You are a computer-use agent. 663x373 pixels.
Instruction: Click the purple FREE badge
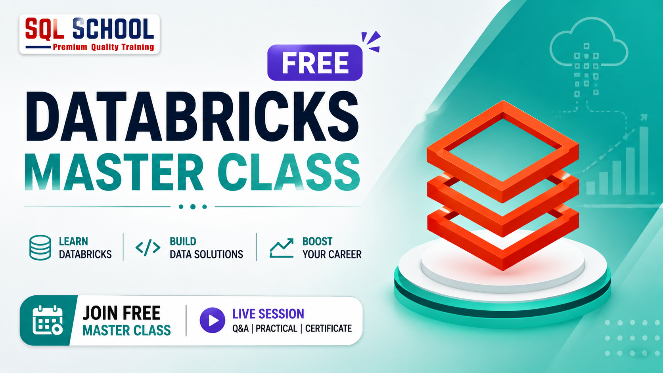[x=314, y=63]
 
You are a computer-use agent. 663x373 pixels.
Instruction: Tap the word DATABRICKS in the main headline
[x=192, y=117]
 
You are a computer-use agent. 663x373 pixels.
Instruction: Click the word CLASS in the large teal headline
[x=289, y=172]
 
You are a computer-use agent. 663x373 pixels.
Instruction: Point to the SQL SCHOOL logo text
[x=89, y=29]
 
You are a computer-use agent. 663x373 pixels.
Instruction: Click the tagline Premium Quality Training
[x=103, y=47]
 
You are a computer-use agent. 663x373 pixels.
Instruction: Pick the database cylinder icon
[x=40, y=248]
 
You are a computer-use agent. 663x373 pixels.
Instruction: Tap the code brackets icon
[x=148, y=248]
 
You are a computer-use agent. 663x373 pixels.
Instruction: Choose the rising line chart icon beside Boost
[x=282, y=248]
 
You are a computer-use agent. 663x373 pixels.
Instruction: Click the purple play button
[x=212, y=320]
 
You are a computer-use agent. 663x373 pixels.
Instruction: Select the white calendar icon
[x=48, y=320]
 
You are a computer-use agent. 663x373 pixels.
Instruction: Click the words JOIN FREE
[x=121, y=313]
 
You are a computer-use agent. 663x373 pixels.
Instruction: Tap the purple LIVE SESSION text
[x=268, y=314]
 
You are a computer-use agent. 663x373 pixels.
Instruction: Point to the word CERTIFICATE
[x=329, y=329]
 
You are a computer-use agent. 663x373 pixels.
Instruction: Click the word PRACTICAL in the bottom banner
[x=276, y=329]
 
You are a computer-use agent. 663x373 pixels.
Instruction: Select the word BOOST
[x=317, y=242]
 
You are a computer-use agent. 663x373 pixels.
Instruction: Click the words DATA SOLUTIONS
[x=206, y=254]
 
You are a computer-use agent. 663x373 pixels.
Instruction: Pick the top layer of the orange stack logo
[x=503, y=151]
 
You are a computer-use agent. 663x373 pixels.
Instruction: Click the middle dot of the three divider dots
[x=193, y=207]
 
